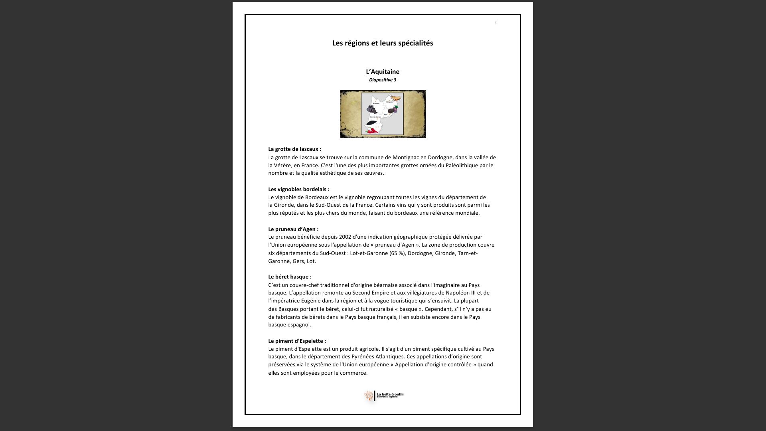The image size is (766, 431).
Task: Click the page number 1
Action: [x=496, y=24]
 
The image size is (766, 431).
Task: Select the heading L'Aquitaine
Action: [x=383, y=72]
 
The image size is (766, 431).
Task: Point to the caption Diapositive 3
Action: [x=383, y=80]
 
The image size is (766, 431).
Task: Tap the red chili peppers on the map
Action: [x=372, y=130]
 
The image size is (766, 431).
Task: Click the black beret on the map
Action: [x=372, y=123]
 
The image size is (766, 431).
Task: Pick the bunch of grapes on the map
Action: [x=372, y=109]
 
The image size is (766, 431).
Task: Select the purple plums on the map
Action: [x=394, y=109]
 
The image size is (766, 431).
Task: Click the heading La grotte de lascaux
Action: [x=294, y=149]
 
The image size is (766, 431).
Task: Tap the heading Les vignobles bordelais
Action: [x=298, y=190]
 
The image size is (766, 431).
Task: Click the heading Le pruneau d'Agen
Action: [x=293, y=229]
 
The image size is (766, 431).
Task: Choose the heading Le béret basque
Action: [x=290, y=277]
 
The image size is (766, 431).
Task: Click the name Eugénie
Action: [x=312, y=301]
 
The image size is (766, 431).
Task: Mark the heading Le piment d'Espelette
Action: [x=297, y=341]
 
